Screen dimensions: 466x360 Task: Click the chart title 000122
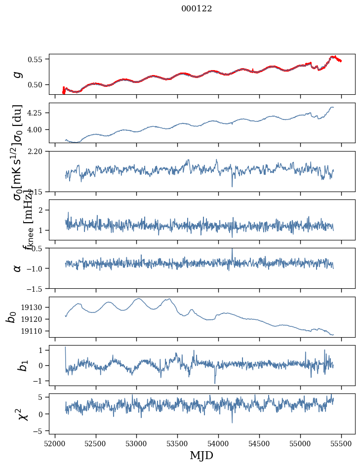[x=197, y=9]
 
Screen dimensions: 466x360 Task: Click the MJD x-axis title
[x=201, y=456]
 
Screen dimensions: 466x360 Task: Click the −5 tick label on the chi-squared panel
[x=40, y=431]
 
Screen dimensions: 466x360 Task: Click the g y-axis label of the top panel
[x=17, y=74]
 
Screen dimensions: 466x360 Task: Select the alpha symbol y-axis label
[x=17, y=268]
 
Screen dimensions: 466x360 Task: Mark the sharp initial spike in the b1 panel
[x=65, y=349]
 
